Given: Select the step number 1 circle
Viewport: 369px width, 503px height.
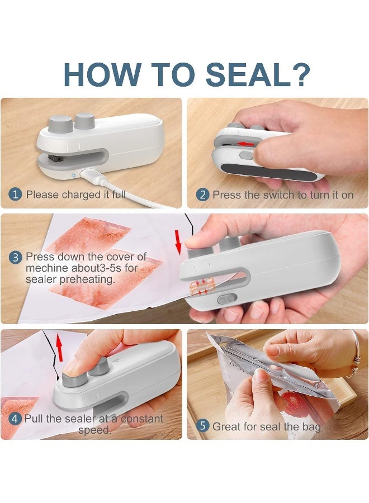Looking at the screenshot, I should (x=15, y=195).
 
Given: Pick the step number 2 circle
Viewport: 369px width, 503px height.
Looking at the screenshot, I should (x=202, y=195).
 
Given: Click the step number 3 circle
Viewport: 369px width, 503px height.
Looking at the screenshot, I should (x=16, y=258).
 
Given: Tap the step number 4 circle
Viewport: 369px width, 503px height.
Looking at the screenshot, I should (x=15, y=419).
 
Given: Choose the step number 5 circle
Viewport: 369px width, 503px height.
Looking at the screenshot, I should (x=203, y=426).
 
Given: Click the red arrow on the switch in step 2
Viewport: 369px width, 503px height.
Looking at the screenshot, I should (x=244, y=144).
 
